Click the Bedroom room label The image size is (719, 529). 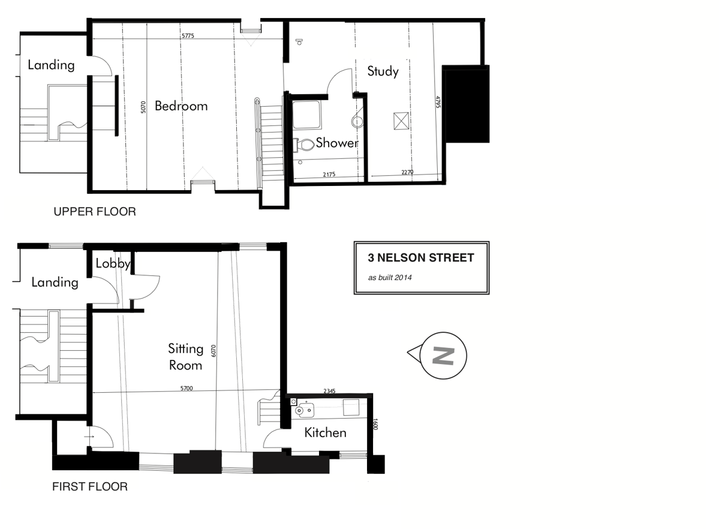181,106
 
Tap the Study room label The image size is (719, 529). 383,71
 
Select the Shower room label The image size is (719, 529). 337,143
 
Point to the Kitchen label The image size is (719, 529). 325,432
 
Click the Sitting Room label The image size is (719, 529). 185,356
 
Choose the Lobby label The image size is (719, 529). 112,263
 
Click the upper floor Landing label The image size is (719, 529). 51,65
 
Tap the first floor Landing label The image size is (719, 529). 55,282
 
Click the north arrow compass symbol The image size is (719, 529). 443,355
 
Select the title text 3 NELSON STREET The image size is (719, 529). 421,259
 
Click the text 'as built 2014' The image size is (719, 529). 390,278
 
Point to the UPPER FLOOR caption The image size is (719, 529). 95,212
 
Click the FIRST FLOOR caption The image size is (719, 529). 90,486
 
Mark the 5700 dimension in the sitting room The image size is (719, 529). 186,389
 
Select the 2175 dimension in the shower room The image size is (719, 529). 328,175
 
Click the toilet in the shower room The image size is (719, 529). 305,145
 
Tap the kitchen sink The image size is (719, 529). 305,411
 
